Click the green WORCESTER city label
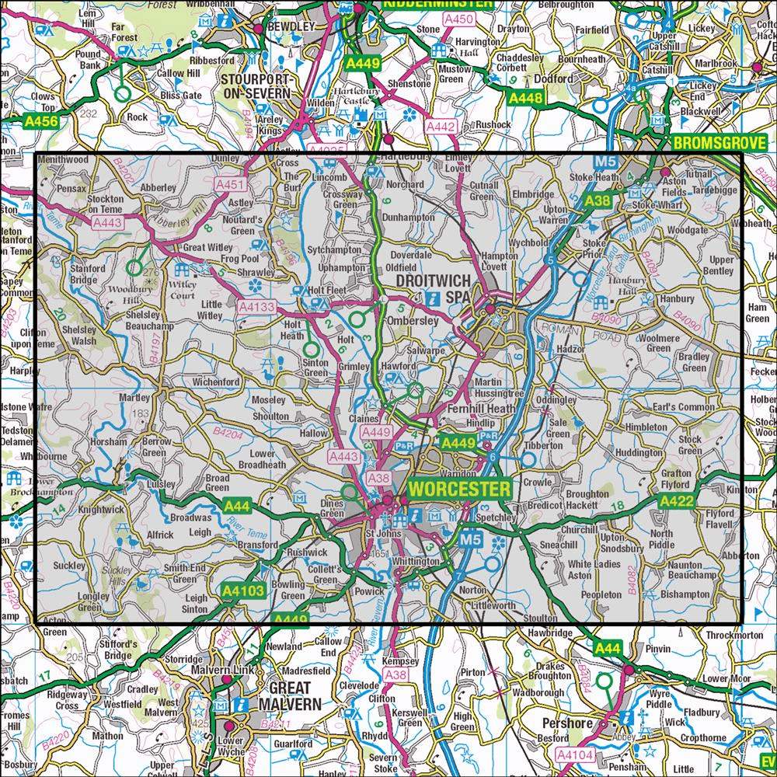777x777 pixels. [459, 490]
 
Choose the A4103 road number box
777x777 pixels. [244, 591]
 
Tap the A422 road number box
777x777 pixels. [677, 503]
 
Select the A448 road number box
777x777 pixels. [525, 98]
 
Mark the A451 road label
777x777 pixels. [230, 185]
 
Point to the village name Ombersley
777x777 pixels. [420, 321]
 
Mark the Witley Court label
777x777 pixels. [185, 289]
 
